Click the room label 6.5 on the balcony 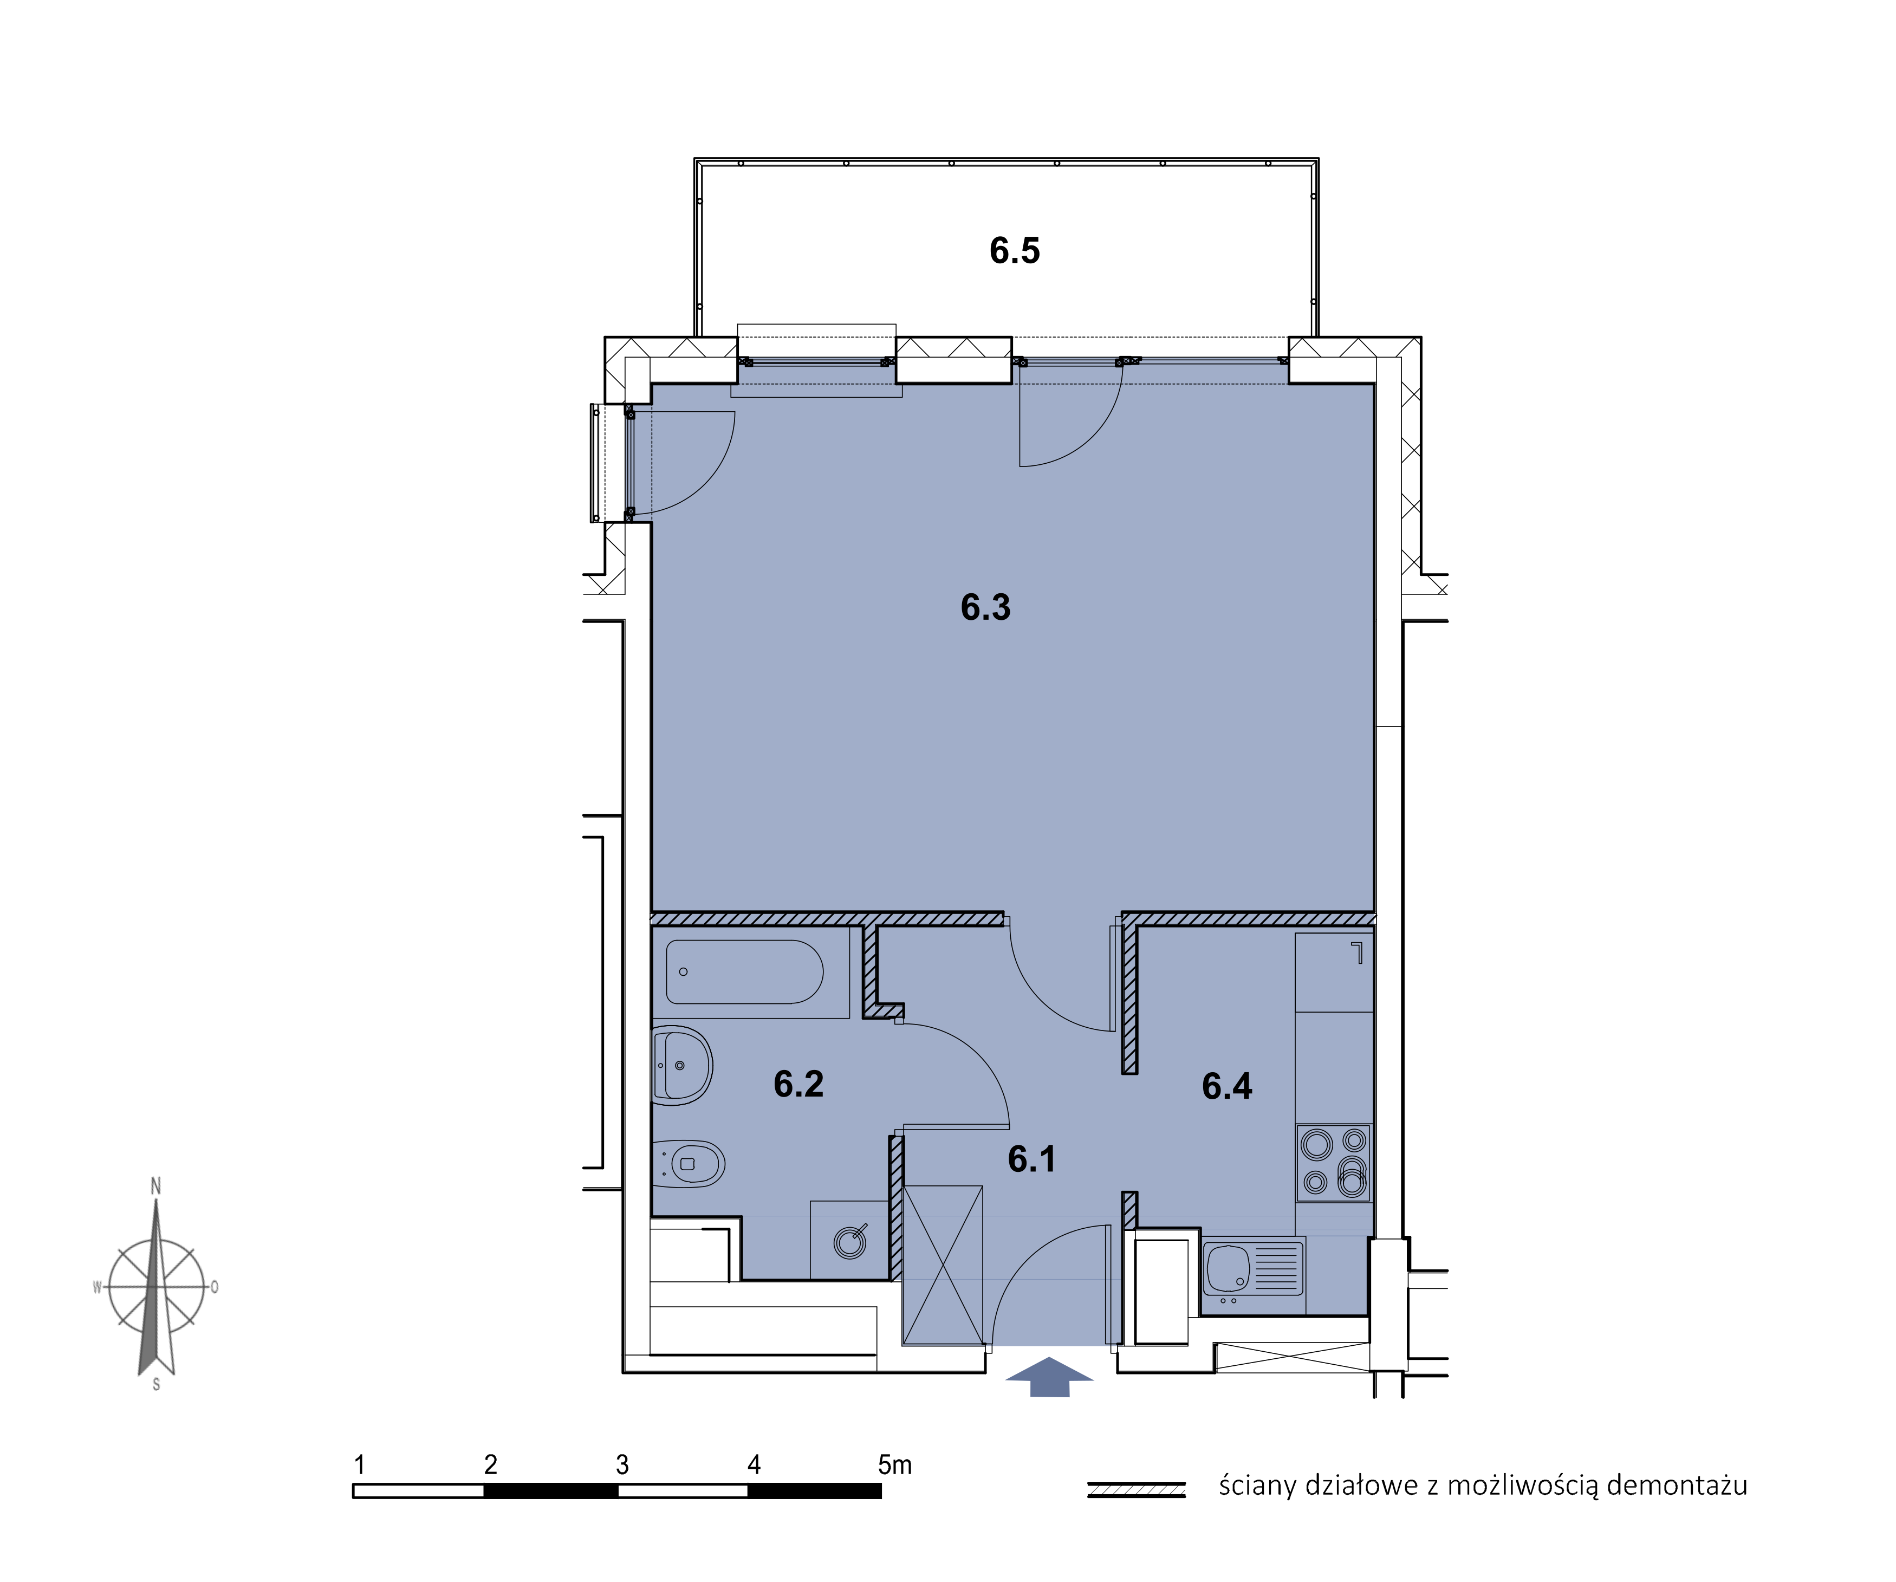click(x=1014, y=250)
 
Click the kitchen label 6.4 click(x=1227, y=1085)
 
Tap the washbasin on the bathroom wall click(x=681, y=1066)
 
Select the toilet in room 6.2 click(x=688, y=1164)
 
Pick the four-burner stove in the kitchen click(x=1334, y=1163)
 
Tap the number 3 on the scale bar click(x=622, y=1464)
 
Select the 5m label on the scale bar click(x=895, y=1464)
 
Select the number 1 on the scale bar click(x=359, y=1464)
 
